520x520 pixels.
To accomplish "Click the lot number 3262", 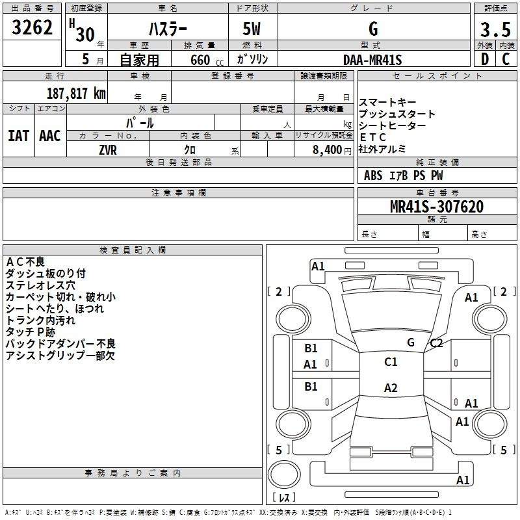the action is [x=32, y=27].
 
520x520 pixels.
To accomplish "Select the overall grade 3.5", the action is [x=495, y=29].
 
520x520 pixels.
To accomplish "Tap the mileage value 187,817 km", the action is [x=76, y=94].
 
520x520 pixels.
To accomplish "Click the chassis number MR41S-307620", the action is [x=437, y=206].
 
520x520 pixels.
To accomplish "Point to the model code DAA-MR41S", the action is [x=372, y=60].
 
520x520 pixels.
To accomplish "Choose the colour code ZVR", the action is [x=108, y=150].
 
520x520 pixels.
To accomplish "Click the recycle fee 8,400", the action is [x=327, y=150].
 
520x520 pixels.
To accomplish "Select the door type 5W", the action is [x=252, y=29].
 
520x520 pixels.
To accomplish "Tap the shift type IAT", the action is [x=19, y=136].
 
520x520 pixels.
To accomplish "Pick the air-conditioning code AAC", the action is [x=50, y=136].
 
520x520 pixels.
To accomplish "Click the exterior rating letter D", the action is [x=485, y=59].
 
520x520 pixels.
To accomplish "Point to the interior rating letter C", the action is [x=506, y=59].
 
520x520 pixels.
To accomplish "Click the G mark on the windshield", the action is [x=411, y=343].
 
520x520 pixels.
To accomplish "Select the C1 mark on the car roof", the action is [x=391, y=362].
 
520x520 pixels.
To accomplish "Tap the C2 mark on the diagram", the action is [x=436, y=343].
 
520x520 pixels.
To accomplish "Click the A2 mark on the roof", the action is [x=391, y=387].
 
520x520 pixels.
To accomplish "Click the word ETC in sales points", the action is [x=372, y=137].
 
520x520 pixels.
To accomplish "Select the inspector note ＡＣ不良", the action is [x=25, y=262].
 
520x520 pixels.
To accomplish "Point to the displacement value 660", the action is [x=200, y=60].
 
